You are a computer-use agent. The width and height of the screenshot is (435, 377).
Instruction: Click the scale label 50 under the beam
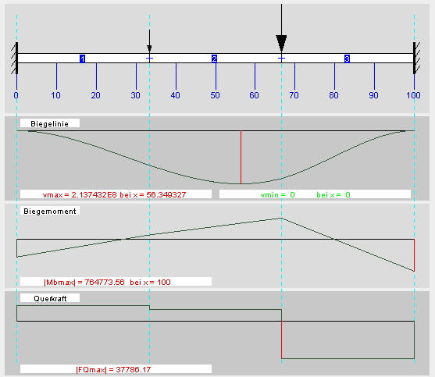point(215,95)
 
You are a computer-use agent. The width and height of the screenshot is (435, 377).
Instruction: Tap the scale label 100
point(413,95)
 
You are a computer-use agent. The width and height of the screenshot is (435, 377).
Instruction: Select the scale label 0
point(16,95)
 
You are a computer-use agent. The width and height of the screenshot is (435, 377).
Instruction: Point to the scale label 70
point(294,95)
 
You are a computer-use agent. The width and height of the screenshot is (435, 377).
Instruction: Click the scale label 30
point(135,95)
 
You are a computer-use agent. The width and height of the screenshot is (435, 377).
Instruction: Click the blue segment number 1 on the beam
point(83,59)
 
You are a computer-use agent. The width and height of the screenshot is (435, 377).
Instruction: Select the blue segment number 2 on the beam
point(214,59)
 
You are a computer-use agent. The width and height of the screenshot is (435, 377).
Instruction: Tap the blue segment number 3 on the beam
point(347,59)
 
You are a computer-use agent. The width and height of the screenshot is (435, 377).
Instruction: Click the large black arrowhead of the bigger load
point(281,44)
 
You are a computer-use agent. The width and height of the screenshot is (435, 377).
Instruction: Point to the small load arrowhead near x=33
point(149,49)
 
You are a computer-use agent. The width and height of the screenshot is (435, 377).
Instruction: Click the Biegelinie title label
point(50,123)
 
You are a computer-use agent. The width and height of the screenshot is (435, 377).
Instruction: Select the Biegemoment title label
point(50,212)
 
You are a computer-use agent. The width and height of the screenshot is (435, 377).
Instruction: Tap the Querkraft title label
point(50,298)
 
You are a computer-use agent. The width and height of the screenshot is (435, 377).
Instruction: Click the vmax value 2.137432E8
point(94,195)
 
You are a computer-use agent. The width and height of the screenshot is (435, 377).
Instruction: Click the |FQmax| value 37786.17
point(134,369)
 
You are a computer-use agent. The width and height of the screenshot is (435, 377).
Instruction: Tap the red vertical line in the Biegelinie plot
point(241,157)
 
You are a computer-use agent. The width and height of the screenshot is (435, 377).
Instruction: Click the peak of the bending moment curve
point(281,219)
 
